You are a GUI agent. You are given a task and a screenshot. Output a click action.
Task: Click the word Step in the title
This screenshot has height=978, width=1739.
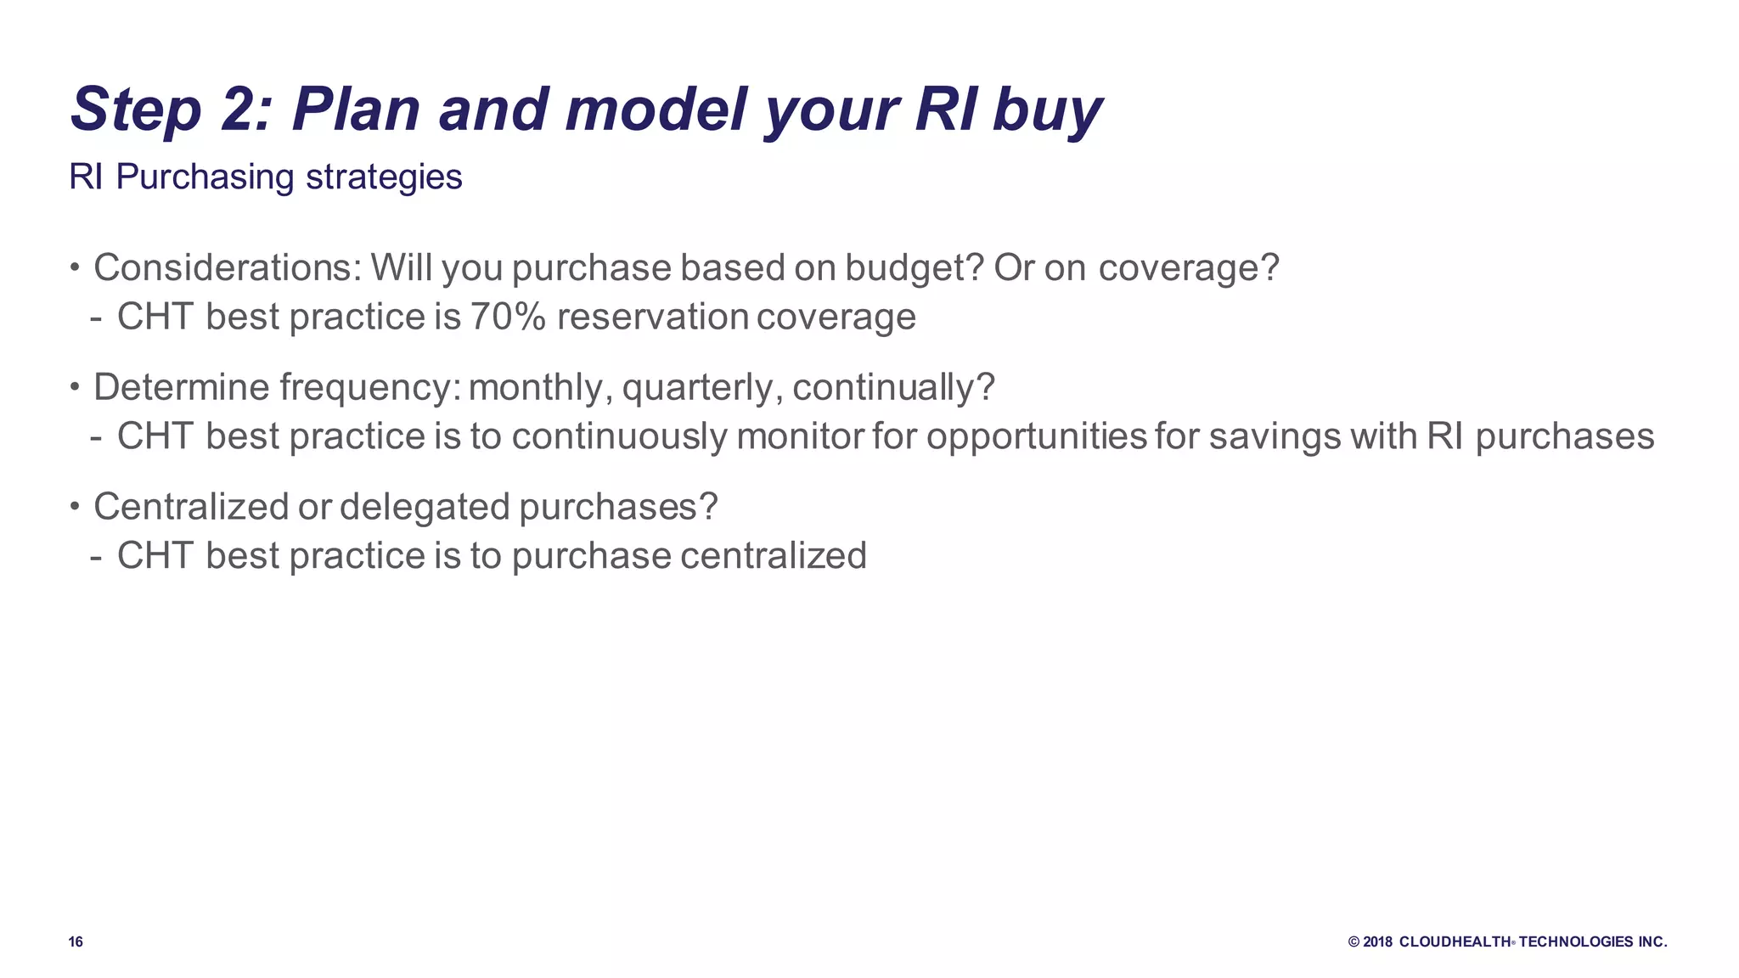(136, 110)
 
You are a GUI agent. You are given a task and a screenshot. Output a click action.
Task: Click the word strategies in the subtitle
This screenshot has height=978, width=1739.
(384, 177)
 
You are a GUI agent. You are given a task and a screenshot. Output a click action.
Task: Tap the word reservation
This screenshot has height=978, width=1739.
(653, 318)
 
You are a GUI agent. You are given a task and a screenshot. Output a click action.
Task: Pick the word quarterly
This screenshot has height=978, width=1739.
(702, 388)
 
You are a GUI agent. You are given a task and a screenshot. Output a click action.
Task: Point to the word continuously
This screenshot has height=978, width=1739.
(619, 437)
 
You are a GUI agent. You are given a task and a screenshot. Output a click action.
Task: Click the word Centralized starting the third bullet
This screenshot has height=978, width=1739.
(191, 507)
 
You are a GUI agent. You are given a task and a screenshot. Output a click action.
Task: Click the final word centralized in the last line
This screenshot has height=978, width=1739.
(773, 556)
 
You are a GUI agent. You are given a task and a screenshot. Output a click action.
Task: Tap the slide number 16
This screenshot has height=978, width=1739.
(76, 941)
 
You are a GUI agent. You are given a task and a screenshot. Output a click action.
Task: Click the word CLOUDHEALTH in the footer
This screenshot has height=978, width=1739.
(1455, 941)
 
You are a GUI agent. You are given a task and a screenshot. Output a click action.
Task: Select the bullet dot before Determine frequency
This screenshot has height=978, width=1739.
(75, 388)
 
